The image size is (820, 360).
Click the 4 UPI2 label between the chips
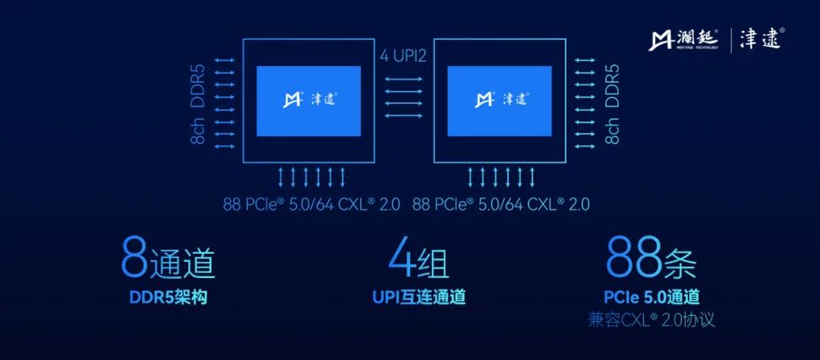(x=410, y=58)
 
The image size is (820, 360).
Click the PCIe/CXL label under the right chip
(x=501, y=204)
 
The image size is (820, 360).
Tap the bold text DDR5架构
(x=167, y=297)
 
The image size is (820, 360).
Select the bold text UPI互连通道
(x=418, y=297)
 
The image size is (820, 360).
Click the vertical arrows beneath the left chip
(x=312, y=177)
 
